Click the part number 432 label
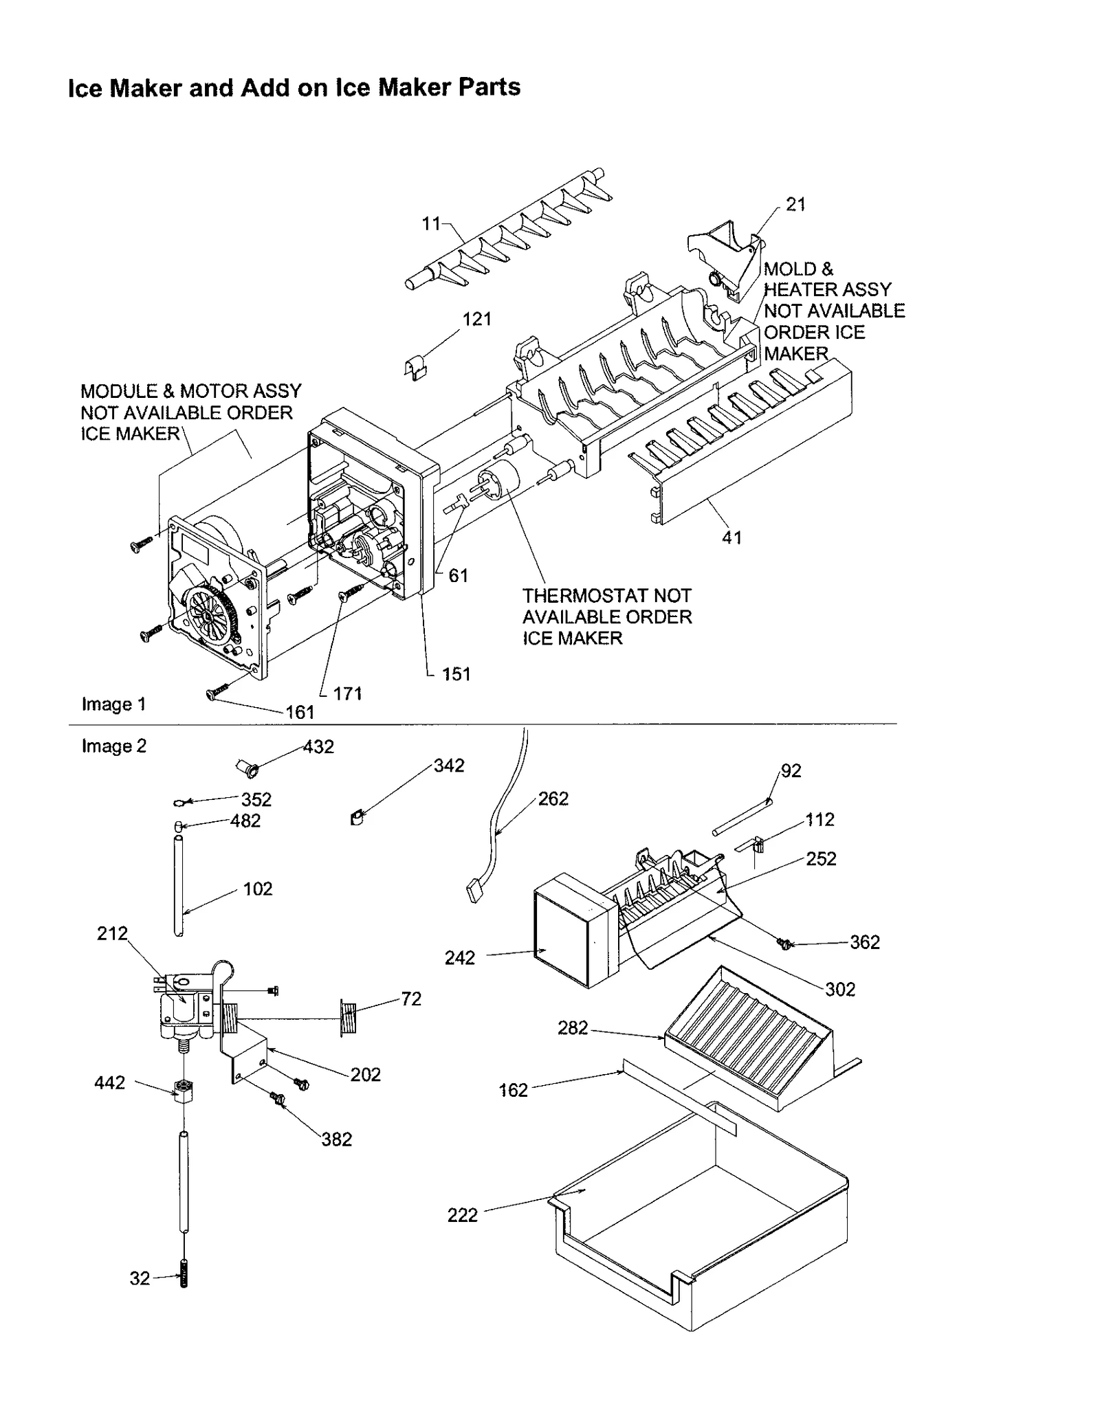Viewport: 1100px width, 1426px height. pos(318,747)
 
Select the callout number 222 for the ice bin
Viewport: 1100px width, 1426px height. pos(462,1215)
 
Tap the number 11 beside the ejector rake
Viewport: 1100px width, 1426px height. pos(430,223)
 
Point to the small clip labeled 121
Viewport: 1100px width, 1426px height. pos(415,367)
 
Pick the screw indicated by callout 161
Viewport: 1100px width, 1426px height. pos(212,695)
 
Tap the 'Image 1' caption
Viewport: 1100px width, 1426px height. pos(113,704)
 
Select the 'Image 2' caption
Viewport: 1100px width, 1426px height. pos(114,746)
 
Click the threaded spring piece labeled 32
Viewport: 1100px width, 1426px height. pos(184,1279)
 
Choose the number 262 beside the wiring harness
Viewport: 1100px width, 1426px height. pos(553,799)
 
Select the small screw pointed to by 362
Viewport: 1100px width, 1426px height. pos(782,944)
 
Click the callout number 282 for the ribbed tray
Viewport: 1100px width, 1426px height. pos(573,1027)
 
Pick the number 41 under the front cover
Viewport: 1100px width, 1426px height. pos(731,537)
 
